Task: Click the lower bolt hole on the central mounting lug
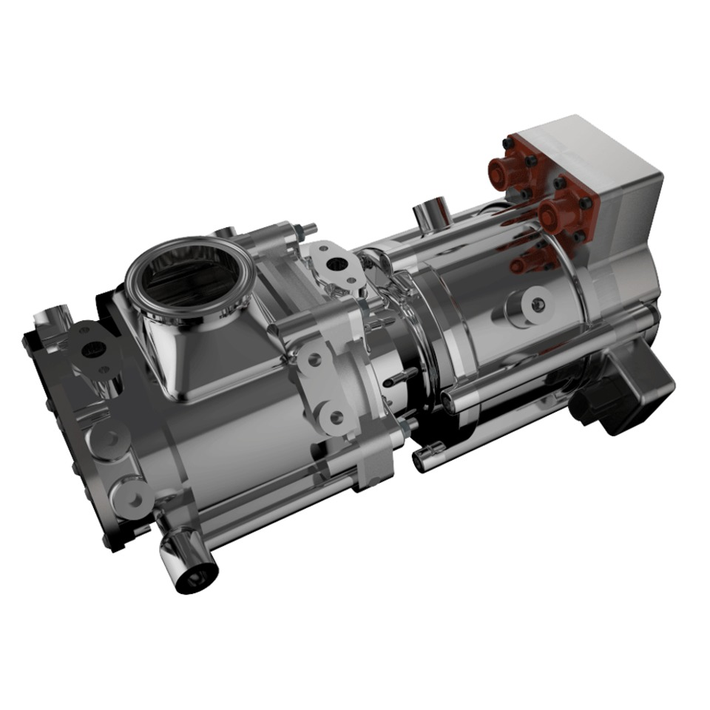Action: click(x=335, y=418)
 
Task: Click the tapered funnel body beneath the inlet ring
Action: click(x=189, y=348)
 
